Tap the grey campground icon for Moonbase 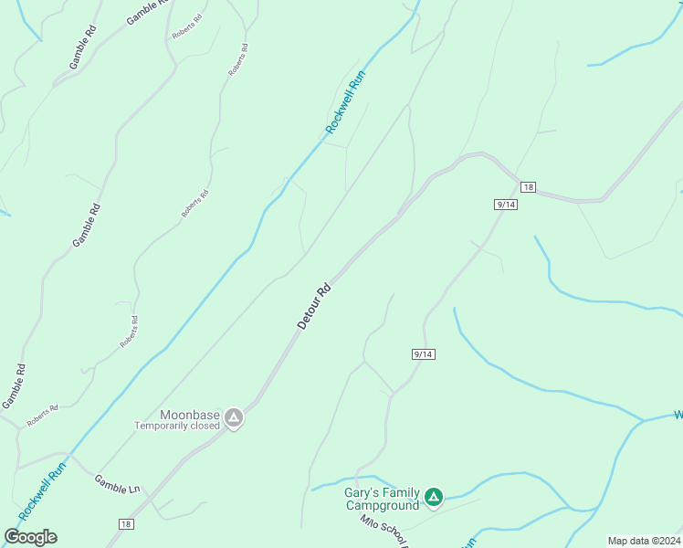point(234,418)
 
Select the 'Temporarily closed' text point(177,426)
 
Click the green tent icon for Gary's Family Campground point(434,498)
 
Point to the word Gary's point(360,492)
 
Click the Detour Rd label point(314,306)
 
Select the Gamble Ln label point(116,483)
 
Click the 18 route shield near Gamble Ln point(126,523)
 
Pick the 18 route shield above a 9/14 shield point(528,187)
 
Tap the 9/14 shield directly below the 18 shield point(506,205)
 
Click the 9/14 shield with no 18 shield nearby point(423,353)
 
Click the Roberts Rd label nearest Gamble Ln point(42,416)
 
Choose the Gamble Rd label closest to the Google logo point(14,386)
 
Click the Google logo point(30,536)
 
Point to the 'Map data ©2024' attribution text point(643,541)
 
